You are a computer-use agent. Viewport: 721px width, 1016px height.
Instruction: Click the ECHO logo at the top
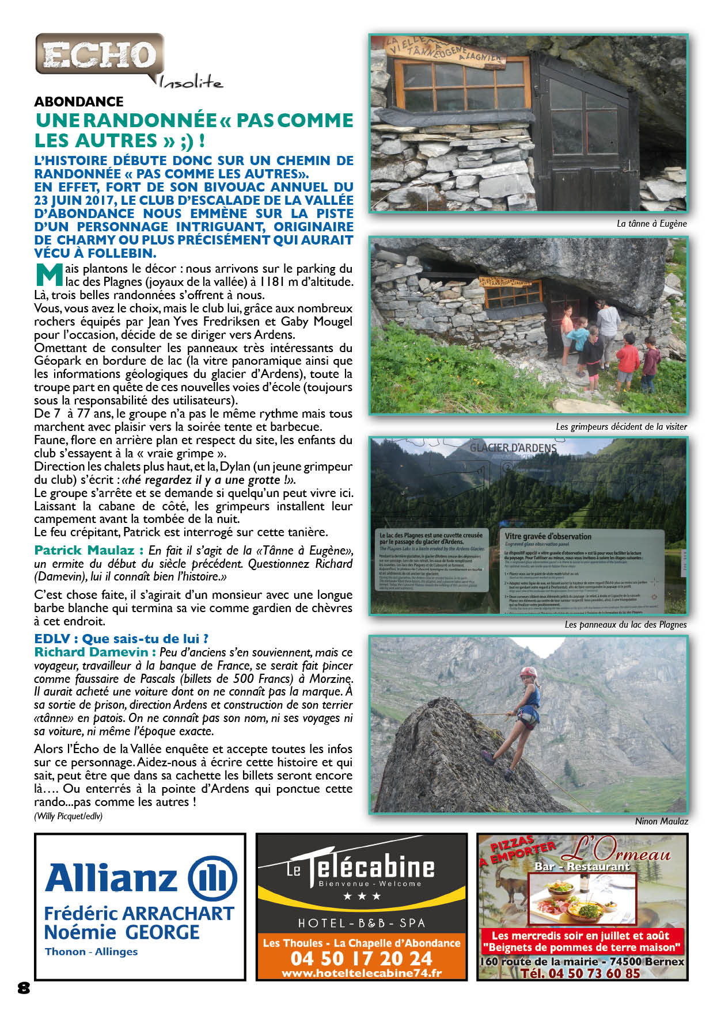[x=100, y=55]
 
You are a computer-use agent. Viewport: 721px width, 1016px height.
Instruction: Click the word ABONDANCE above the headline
[x=79, y=102]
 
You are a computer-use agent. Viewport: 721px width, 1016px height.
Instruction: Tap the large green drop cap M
[x=48, y=275]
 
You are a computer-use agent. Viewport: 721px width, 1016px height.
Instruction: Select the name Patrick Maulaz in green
[x=85, y=551]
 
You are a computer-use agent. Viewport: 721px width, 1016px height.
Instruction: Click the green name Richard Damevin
[x=95, y=652]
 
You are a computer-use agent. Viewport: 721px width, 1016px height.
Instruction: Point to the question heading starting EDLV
[x=121, y=639]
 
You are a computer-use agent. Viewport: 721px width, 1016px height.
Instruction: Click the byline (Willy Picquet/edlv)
[x=69, y=816]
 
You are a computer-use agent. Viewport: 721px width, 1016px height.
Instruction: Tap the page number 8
[x=24, y=988]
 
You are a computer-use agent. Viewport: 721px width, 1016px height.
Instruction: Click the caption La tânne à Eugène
[x=651, y=224]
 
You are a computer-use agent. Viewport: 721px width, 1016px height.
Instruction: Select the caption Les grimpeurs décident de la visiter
[x=621, y=427]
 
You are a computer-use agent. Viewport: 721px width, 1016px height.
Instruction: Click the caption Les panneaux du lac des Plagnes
[x=625, y=625]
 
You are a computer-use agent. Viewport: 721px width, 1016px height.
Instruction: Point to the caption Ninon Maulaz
[x=661, y=822]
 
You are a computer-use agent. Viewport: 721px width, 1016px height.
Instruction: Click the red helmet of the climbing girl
[x=528, y=672]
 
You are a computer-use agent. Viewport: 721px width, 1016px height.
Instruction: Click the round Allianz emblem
[x=212, y=879]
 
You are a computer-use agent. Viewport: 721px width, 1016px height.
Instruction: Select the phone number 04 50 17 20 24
[x=361, y=958]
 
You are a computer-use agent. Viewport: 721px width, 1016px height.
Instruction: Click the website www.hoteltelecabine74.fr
[x=361, y=973]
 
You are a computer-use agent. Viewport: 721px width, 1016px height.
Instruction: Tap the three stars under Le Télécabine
[x=362, y=896]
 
